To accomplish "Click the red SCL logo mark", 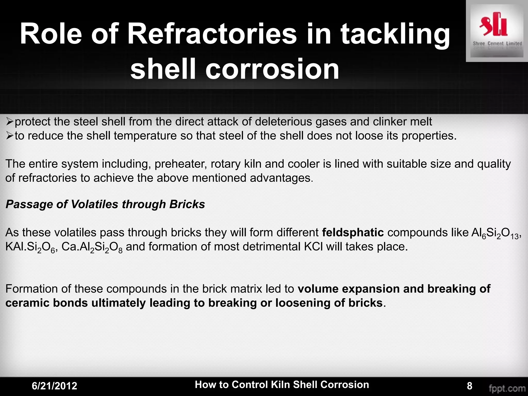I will tap(493, 27).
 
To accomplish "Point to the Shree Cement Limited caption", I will tap(497, 44).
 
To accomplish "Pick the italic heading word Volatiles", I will tap(95, 204).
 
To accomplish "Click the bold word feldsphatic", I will tap(353, 233).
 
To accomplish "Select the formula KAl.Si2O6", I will tap(30, 247).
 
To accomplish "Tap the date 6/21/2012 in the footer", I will tap(54, 386).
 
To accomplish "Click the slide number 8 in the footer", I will tap(469, 386).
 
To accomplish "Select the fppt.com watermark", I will tap(507, 388).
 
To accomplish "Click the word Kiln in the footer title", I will tap(281, 384).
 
